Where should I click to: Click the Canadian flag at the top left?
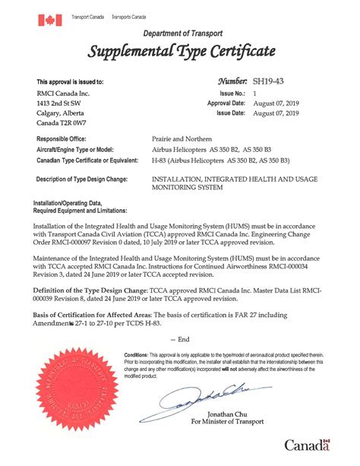(x=50, y=20)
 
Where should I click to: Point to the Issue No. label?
(x=230, y=92)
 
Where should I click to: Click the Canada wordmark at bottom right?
(x=308, y=445)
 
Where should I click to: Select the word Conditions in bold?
(x=141, y=355)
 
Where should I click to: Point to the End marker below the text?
(x=179, y=339)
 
